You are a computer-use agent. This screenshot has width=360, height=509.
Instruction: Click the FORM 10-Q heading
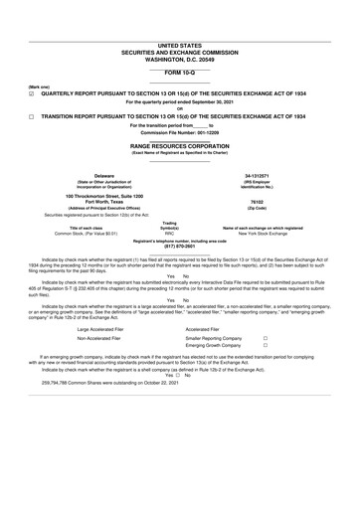pos(179,73)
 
